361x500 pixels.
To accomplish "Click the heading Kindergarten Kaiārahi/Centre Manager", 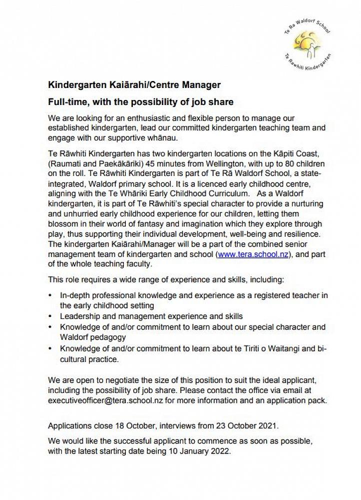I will (134, 85).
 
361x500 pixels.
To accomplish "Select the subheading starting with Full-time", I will (141, 102).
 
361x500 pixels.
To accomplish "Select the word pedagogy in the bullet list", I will (109, 337).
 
